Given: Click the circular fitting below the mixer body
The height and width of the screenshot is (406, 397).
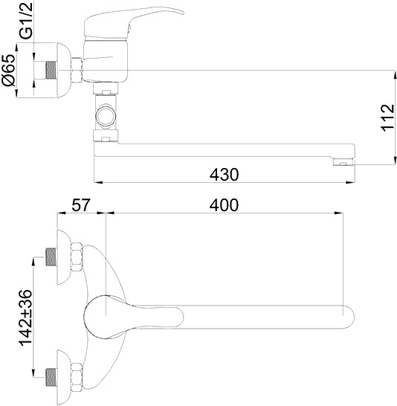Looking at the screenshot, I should click(106, 116).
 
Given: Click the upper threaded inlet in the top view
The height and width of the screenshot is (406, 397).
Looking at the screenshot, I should click(51, 257).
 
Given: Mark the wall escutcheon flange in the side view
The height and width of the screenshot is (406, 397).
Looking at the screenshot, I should click(68, 72).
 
